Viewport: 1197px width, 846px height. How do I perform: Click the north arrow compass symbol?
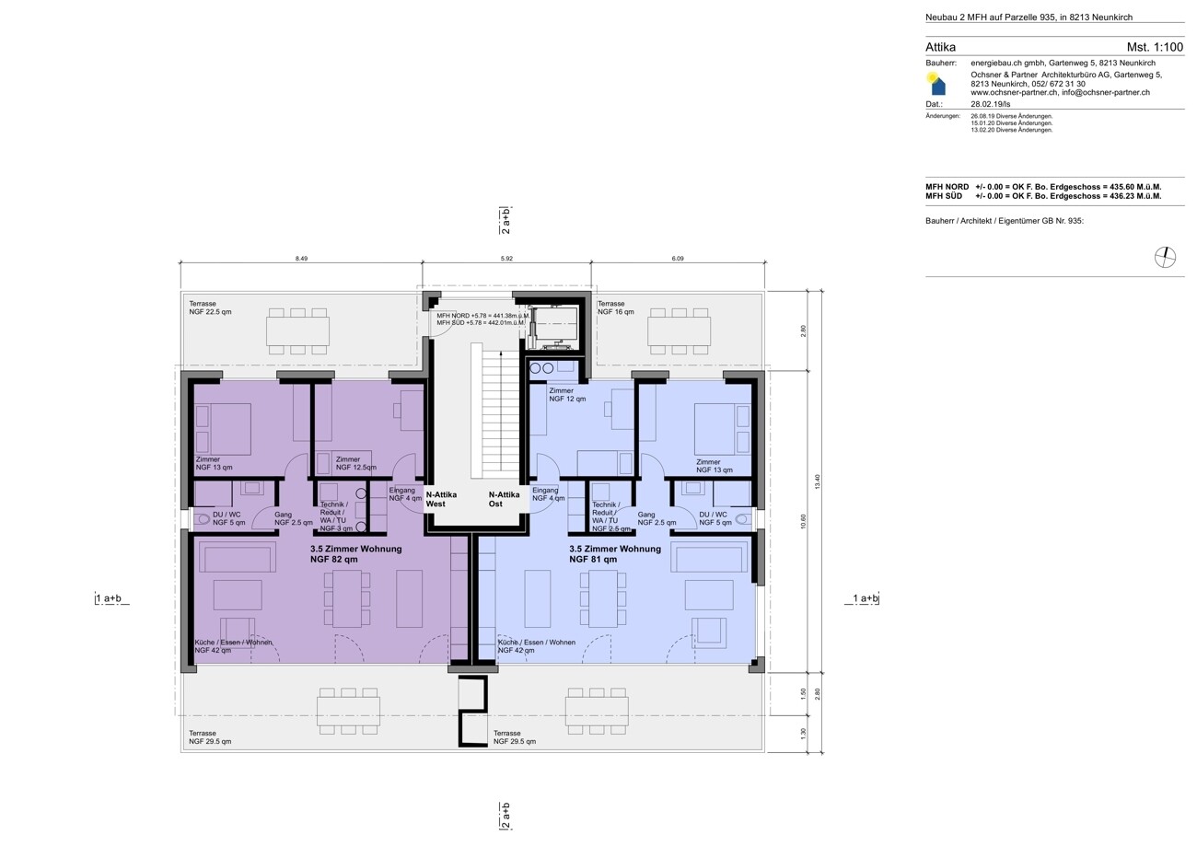1165,258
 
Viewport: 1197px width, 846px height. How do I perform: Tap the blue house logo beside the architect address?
936,84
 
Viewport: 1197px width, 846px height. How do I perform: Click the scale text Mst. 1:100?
1155,47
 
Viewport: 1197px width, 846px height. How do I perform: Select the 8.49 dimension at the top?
301,259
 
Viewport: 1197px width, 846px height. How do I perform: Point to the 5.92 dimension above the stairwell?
506,259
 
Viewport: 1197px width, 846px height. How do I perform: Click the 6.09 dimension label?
678,259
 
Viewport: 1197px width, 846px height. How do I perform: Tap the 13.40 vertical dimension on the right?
817,481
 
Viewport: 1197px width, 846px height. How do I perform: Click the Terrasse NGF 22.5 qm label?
210,307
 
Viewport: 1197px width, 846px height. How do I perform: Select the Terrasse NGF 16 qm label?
616,307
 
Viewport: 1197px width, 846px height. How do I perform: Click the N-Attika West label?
441,499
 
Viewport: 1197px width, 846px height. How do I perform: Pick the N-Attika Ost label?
504,499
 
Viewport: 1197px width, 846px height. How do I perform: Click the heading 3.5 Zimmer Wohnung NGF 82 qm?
356,554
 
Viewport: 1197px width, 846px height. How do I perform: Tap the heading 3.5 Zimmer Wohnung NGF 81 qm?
614,554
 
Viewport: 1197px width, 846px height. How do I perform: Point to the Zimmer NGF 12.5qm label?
356,463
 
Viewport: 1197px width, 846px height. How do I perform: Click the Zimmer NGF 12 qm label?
567,395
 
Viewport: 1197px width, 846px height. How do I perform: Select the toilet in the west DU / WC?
203,518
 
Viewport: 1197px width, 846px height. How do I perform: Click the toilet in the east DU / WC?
742,518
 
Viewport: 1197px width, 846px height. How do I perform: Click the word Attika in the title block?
940,47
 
